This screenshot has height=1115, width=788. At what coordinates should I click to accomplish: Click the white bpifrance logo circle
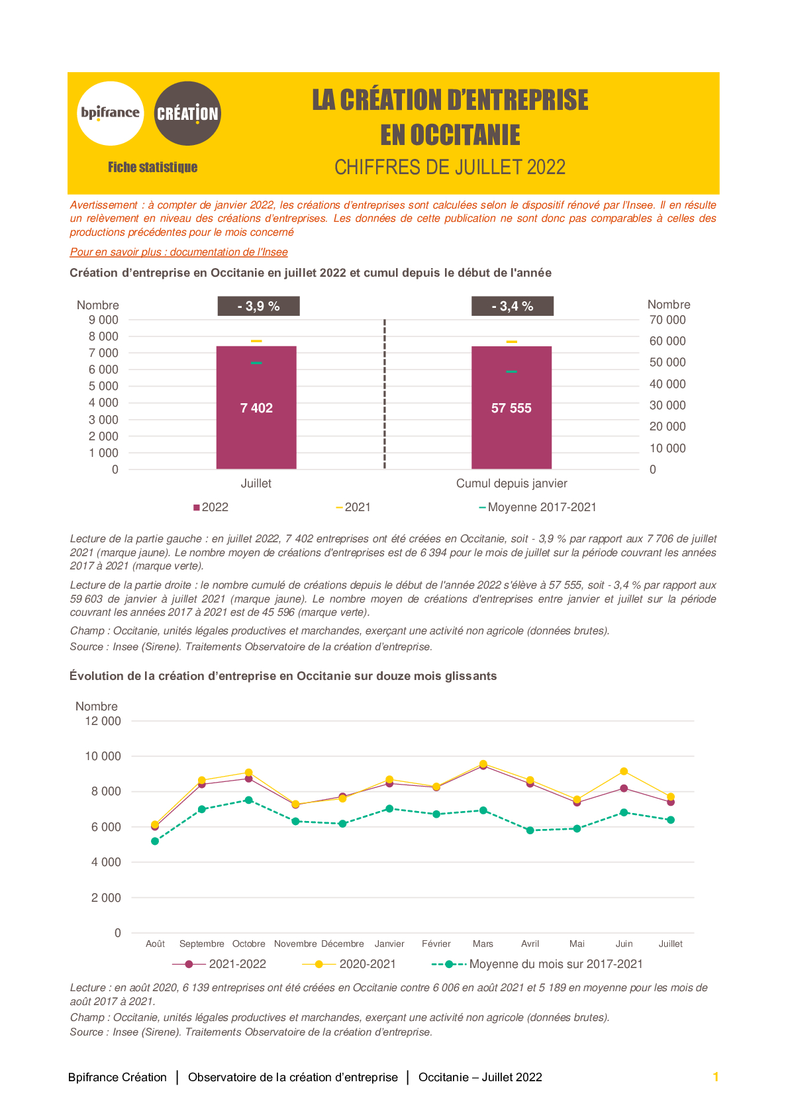pyautogui.click(x=110, y=113)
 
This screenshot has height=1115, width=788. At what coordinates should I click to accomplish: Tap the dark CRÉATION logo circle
pyautogui.click(x=187, y=113)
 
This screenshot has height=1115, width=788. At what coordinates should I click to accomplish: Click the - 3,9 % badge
pyautogui.click(x=258, y=306)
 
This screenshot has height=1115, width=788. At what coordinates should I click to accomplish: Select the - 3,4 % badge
pyautogui.click(x=513, y=306)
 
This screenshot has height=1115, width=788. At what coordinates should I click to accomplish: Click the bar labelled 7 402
pyautogui.click(x=256, y=408)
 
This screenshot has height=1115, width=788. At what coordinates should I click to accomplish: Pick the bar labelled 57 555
pyautogui.click(x=511, y=408)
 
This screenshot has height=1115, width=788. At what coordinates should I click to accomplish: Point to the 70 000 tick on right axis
pyautogui.click(x=667, y=320)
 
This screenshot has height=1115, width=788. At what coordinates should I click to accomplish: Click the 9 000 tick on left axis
pyautogui.click(x=103, y=320)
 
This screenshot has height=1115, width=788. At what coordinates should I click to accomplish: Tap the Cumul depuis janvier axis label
pyautogui.click(x=511, y=483)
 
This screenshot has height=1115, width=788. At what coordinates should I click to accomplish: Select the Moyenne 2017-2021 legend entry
pyautogui.click(x=538, y=507)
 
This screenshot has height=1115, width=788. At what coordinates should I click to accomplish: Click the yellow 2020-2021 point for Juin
pyautogui.click(x=624, y=771)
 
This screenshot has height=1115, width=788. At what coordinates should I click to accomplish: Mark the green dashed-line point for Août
pyautogui.click(x=155, y=842)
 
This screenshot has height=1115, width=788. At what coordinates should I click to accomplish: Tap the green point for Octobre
pyautogui.click(x=249, y=800)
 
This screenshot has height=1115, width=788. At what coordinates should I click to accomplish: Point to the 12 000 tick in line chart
pyautogui.click(x=103, y=721)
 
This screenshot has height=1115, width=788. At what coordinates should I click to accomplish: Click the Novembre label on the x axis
pyautogui.click(x=295, y=944)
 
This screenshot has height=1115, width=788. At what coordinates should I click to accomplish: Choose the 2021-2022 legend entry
pyautogui.click(x=219, y=964)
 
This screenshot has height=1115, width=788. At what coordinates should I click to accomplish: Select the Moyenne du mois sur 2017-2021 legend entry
pyautogui.click(x=537, y=964)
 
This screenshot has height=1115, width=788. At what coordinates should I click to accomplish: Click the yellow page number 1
pyautogui.click(x=716, y=1077)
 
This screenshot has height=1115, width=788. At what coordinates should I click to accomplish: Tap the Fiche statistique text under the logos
pyautogui.click(x=152, y=168)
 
